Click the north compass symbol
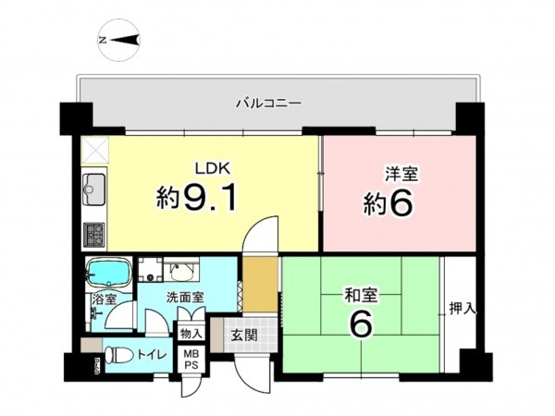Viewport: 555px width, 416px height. click(117, 40)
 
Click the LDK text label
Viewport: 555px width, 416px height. click(209, 168)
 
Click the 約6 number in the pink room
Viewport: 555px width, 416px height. click(386, 203)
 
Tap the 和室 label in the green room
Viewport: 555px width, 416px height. click(361, 297)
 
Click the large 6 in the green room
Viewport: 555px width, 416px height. click(361, 326)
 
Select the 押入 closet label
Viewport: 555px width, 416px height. click(462, 308)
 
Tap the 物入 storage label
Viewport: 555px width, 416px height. click(191, 333)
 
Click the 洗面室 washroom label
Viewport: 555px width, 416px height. click(185, 299)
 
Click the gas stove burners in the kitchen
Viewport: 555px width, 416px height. click(93, 235)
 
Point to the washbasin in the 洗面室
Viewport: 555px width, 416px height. click(178, 270)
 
